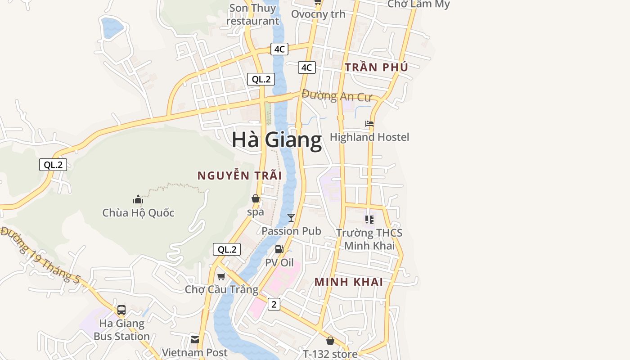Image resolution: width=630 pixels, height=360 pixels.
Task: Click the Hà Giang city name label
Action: click(277, 140)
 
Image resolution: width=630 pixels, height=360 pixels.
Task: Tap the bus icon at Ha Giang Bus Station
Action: click(121, 310)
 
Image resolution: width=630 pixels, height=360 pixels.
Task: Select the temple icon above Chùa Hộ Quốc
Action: click(138, 199)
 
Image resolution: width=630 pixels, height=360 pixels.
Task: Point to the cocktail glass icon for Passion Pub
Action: click(291, 218)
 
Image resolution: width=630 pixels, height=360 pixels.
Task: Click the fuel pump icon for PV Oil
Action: click(279, 249)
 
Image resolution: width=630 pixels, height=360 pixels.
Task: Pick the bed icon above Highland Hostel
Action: click(369, 124)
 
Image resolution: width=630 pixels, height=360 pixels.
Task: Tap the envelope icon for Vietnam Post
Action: click(195, 339)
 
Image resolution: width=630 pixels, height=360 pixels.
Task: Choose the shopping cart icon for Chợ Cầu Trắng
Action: click(221, 276)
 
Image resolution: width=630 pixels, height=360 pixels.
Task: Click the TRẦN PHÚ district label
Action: click(376, 67)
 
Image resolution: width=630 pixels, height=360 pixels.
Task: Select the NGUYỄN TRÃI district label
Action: click(239, 175)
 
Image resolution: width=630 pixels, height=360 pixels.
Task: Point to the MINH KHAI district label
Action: click(349, 282)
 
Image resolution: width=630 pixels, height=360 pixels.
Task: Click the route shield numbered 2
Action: click(274, 304)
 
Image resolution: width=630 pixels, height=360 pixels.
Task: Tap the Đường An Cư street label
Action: click(336, 96)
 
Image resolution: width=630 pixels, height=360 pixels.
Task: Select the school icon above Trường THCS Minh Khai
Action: click(369, 220)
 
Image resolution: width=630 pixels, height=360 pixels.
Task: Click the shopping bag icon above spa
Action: click(256, 198)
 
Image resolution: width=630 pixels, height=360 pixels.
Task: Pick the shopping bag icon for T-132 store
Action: click(330, 341)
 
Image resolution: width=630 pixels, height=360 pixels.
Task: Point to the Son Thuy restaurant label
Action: click(252, 14)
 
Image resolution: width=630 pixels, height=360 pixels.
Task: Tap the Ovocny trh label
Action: click(318, 14)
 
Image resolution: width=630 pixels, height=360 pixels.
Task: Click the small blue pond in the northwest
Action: click(112, 27)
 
